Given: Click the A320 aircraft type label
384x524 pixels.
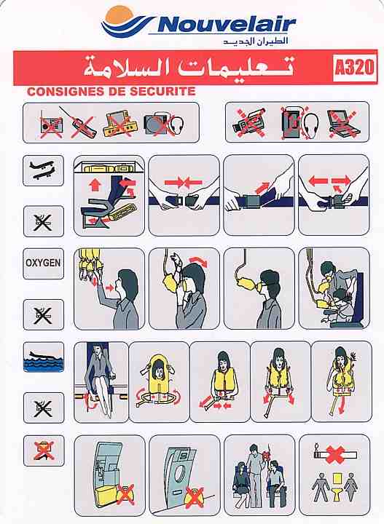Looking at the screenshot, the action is (354, 67).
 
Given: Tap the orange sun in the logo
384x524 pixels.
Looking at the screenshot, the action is (119, 16).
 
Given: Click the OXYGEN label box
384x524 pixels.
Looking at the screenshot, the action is (43, 263).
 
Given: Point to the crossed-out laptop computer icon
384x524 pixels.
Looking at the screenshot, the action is (343, 123).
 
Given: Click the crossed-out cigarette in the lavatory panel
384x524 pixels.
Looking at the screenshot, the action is (334, 453).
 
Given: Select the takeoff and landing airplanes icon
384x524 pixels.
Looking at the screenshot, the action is (43, 170).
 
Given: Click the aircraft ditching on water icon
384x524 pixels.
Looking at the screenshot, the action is (44, 357).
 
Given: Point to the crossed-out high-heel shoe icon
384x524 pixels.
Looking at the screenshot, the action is (44, 450).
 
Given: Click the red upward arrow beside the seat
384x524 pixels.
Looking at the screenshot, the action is (95, 184).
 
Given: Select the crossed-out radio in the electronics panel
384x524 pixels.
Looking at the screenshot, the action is (51, 127).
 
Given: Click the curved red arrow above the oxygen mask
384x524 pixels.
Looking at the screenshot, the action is (198, 261).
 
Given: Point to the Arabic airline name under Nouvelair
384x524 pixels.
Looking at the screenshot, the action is (255, 41).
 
